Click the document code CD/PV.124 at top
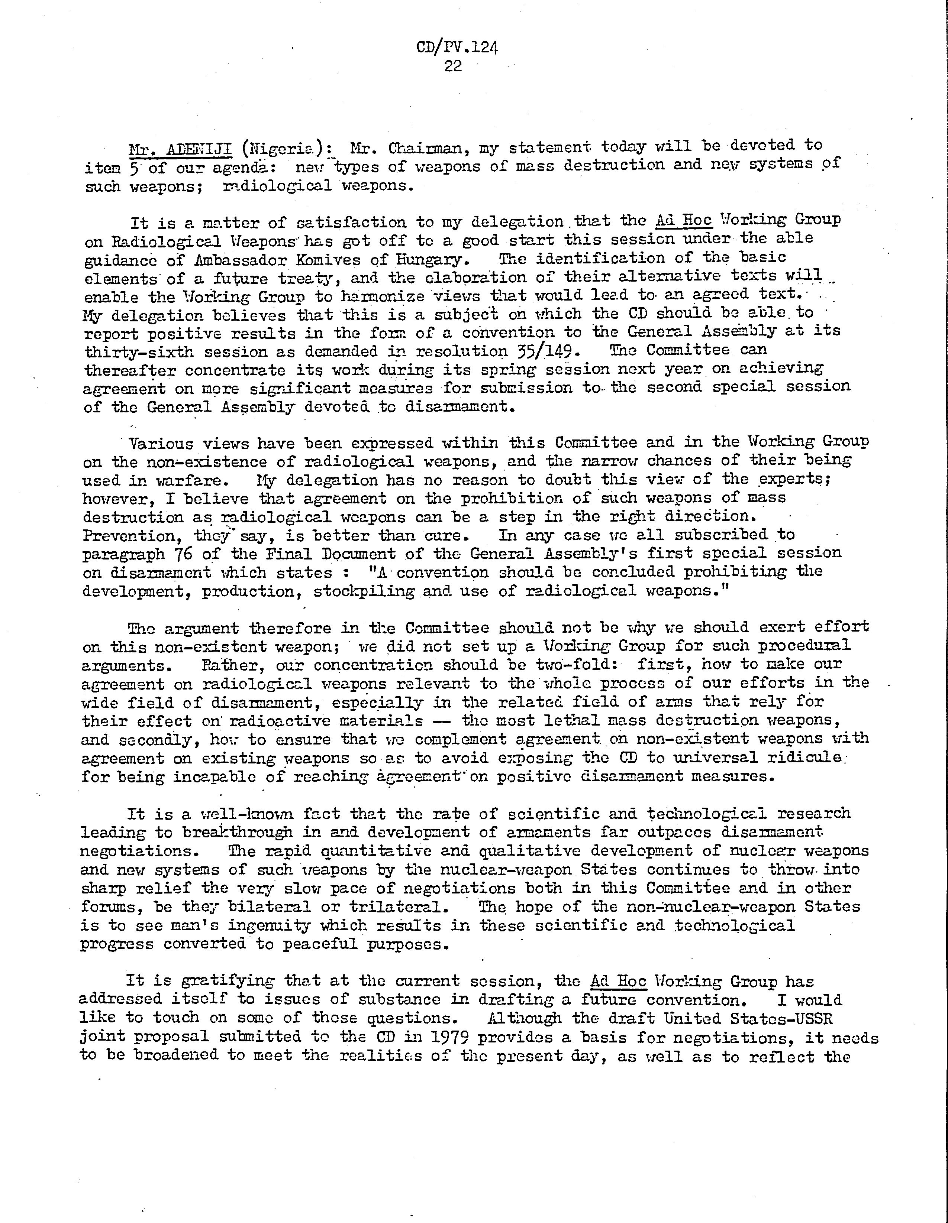click(x=457, y=47)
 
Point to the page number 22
click(x=453, y=66)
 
